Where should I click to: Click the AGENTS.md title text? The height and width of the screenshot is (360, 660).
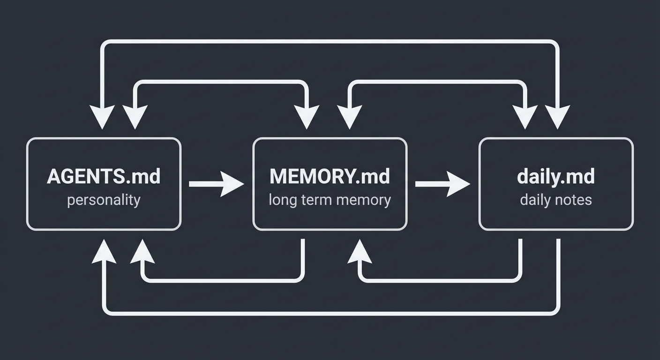[x=104, y=177]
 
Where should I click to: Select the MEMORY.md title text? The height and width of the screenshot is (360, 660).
[x=330, y=177]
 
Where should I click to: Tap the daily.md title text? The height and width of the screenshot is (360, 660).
[x=555, y=177]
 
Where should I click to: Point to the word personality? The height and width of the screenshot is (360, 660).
[x=104, y=200]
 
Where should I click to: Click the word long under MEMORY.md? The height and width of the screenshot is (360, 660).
[x=280, y=200]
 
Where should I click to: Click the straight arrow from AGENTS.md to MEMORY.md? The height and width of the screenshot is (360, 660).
[x=216, y=184]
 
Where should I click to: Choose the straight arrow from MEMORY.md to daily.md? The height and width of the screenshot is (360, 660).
[x=442, y=184]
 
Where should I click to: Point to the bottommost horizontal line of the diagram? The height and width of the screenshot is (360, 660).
[x=330, y=312]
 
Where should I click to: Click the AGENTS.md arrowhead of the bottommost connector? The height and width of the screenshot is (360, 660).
[x=104, y=253]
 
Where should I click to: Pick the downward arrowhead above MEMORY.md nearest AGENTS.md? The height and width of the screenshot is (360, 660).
[x=307, y=117]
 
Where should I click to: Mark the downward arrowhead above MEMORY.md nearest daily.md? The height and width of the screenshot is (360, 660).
[x=349, y=117]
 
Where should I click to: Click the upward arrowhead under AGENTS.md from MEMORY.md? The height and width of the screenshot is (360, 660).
[x=142, y=253]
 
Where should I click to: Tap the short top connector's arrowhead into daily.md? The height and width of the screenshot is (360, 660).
[x=524, y=117]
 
